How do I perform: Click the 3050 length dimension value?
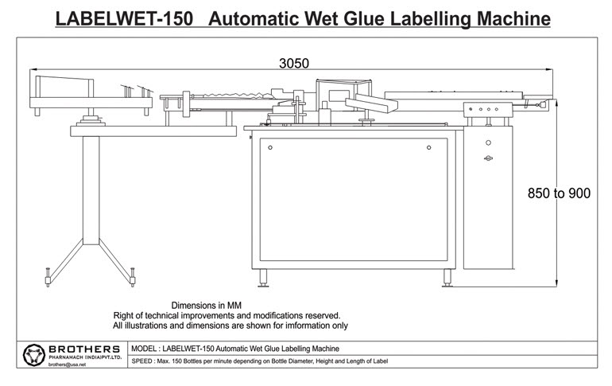click(294, 64)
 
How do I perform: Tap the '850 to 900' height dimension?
click(559, 193)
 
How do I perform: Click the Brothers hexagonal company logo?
click(34, 355)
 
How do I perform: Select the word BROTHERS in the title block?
click(84, 349)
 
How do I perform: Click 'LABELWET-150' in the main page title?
click(125, 19)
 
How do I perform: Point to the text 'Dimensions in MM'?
click(207, 306)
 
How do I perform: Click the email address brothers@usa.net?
click(67, 365)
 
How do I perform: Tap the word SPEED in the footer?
click(141, 361)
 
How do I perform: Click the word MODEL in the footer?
click(144, 349)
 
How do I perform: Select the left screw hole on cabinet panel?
click(270, 148)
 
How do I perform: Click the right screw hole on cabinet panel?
click(429, 148)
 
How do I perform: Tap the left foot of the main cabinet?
click(263, 278)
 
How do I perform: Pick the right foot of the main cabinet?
click(447, 278)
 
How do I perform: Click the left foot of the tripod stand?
click(48, 278)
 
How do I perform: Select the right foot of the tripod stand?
click(133, 278)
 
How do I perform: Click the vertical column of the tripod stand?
click(91, 190)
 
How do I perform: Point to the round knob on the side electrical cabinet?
click(488, 143)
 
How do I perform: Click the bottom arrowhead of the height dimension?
click(556, 283)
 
